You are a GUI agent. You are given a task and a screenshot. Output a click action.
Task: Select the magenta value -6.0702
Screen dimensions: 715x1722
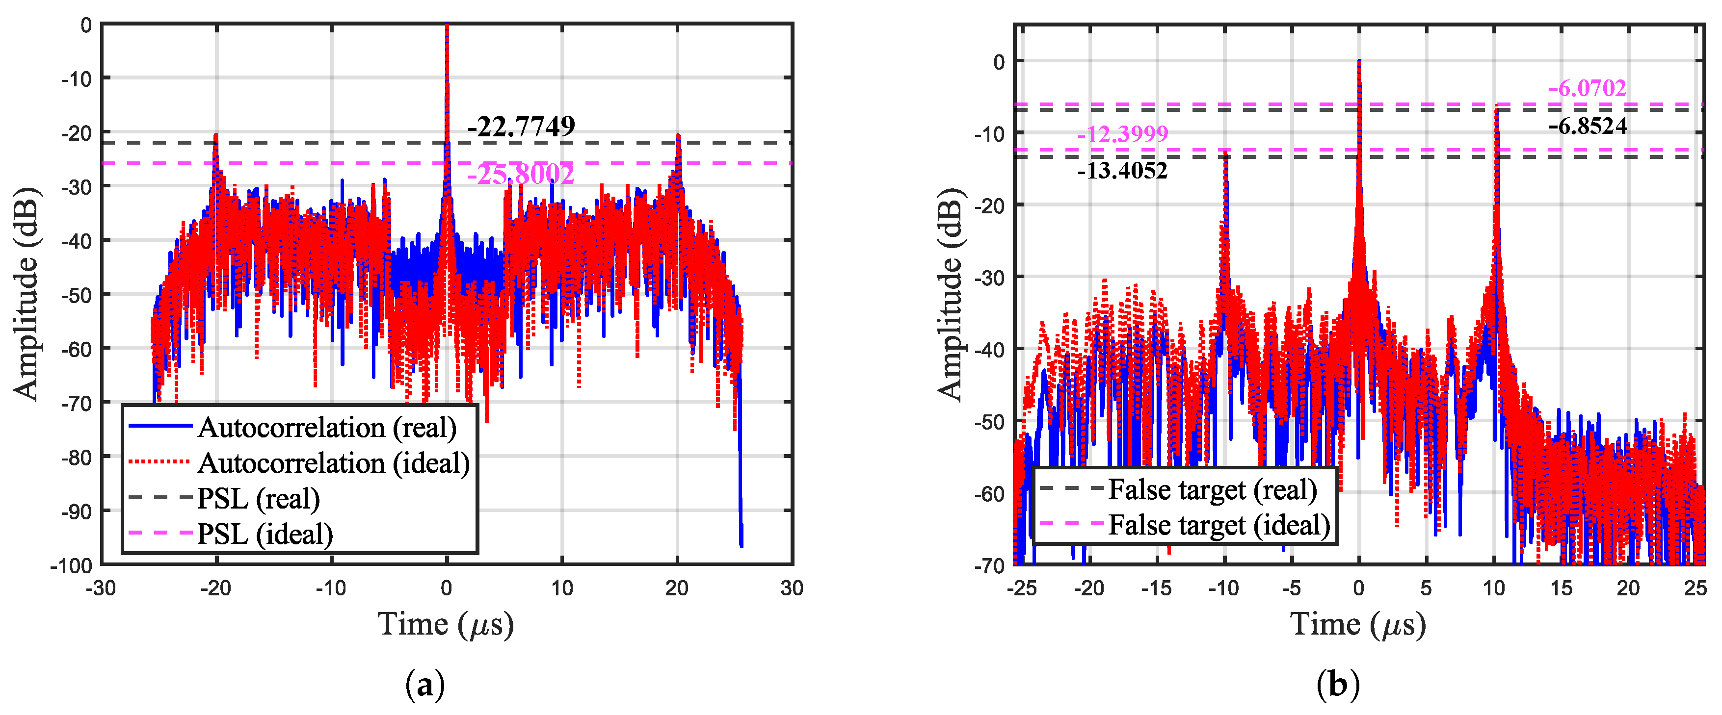1587,88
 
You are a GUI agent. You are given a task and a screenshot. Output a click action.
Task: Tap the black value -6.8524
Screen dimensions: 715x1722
1587,127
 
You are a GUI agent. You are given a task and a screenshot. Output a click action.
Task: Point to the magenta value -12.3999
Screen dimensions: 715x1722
1122,134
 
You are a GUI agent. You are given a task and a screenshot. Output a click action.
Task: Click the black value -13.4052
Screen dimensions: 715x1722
1122,171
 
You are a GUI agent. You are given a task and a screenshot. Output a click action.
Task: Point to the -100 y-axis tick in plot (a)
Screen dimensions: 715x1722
71,565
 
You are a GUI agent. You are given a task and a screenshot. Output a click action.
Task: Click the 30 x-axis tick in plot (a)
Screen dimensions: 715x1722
792,588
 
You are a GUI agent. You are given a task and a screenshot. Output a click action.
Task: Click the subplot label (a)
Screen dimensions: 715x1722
424,685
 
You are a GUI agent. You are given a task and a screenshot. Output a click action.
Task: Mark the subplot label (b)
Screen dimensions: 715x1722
1338,685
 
